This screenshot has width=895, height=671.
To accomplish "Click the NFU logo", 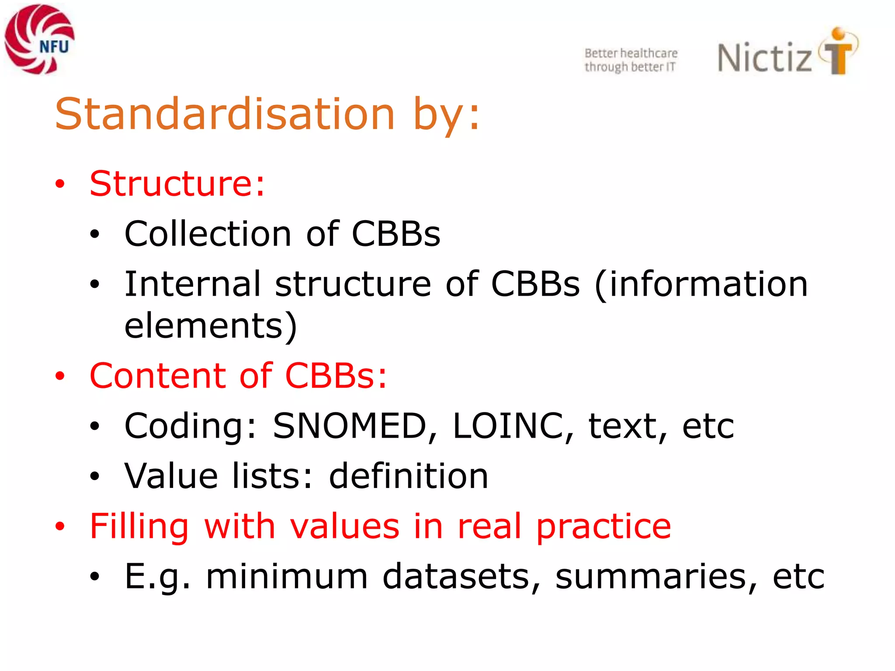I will point(39,39).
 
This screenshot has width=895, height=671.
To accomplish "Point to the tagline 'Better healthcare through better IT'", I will point(631,60).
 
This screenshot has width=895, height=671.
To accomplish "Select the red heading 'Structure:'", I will point(177,183).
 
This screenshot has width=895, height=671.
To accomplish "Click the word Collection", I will point(208,234).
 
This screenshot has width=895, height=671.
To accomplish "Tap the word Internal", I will point(193,284).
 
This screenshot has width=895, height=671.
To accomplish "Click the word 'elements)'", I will point(211,325).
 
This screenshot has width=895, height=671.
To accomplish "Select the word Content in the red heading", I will point(158,376).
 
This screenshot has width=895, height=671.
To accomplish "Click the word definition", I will point(408,476).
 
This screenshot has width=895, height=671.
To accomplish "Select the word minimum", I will point(287,577).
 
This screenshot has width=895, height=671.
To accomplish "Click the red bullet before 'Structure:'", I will point(60,184).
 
